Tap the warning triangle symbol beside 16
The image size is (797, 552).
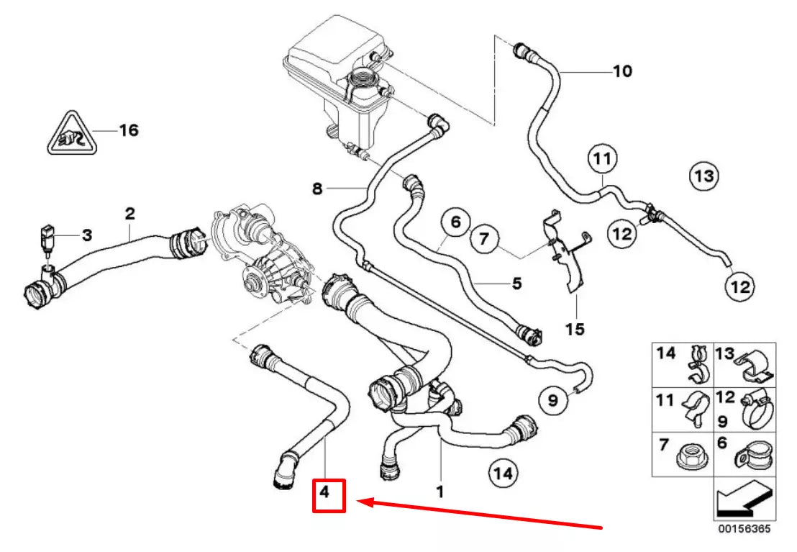(x=72, y=134)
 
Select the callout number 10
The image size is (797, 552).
(x=622, y=71)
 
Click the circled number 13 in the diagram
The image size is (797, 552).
(x=704, y=175)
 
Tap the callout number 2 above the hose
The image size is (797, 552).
(x=129, y=213)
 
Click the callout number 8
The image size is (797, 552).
(x=318, y=189)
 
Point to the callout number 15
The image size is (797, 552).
(x=575, y=330)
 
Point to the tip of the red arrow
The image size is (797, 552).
(x=360, y=502)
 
